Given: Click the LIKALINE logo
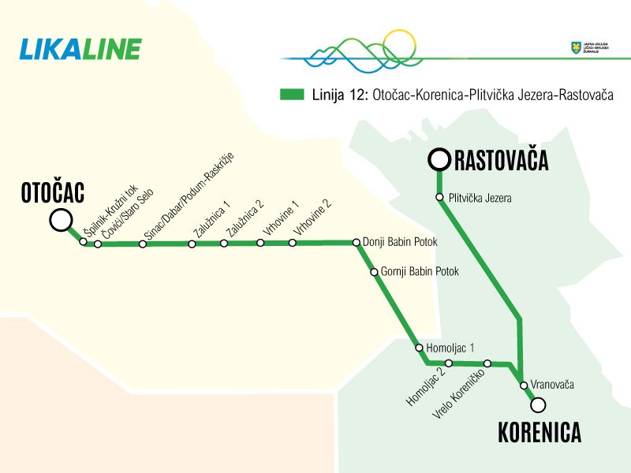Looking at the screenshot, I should pyautogui.click(x=80, y=49).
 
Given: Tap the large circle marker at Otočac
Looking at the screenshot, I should pyautogui.click(x=61, y=221).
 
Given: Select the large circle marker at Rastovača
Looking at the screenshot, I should pyautogui.click(x=439, y=160).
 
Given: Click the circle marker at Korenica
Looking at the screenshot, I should pyautogui.click(x=538, y=405).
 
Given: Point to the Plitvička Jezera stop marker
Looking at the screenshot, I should pyautogui.click(x=440, y=197).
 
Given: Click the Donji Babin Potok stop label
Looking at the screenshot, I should pyautogui.click(x=400, y=242).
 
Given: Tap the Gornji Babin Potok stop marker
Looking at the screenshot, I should pyautogui.click(x=375, y=272).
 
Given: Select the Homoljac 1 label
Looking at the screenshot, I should pyautogui.click(x=450, y=347).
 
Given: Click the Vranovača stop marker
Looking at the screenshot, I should pyautogui.click(x=523, y=385).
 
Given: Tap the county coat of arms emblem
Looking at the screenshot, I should pyautogui.click(x=575, y=48).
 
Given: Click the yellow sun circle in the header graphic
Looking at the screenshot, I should pyautogui.click(x=398, y=46).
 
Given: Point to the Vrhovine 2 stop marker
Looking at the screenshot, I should pyautogui.click(x=293, y=243).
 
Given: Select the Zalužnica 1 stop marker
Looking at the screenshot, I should pyautogui.click(x=192, y=244).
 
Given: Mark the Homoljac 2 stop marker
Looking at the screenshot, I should pyautogui.click(x=448, y=363).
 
